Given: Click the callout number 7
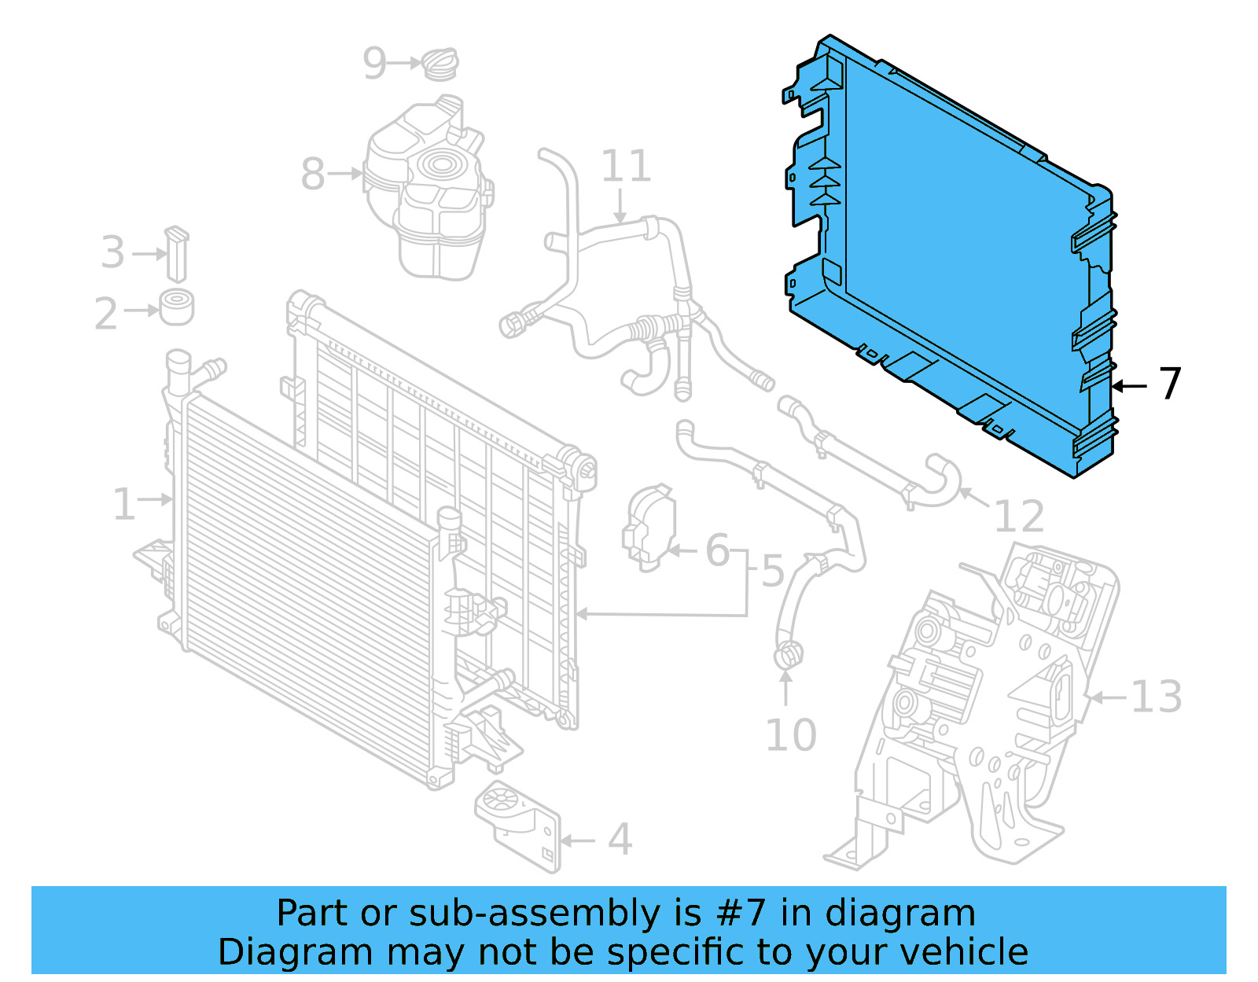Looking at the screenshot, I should tap(1171, 384).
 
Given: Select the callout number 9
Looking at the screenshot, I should tap(375, 63).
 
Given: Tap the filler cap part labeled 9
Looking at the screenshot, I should tap(441, 64).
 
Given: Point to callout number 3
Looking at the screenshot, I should tap(112, 253).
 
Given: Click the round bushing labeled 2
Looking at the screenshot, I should tap(177, 307).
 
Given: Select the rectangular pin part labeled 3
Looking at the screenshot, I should tap(177, 254).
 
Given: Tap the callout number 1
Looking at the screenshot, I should tap(123, 504).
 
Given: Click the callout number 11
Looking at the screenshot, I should tap(626, 167).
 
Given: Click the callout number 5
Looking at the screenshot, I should tap(773, 571).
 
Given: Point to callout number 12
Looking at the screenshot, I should tap(1019, 517).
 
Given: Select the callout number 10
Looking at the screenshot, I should tap(791, 736).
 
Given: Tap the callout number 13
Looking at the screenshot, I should tap(1156, 697).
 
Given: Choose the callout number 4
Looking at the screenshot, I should tap(620, 840).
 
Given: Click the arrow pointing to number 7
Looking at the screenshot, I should tap(1130, 386).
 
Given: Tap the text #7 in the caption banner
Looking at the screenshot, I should tap(741, 914).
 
